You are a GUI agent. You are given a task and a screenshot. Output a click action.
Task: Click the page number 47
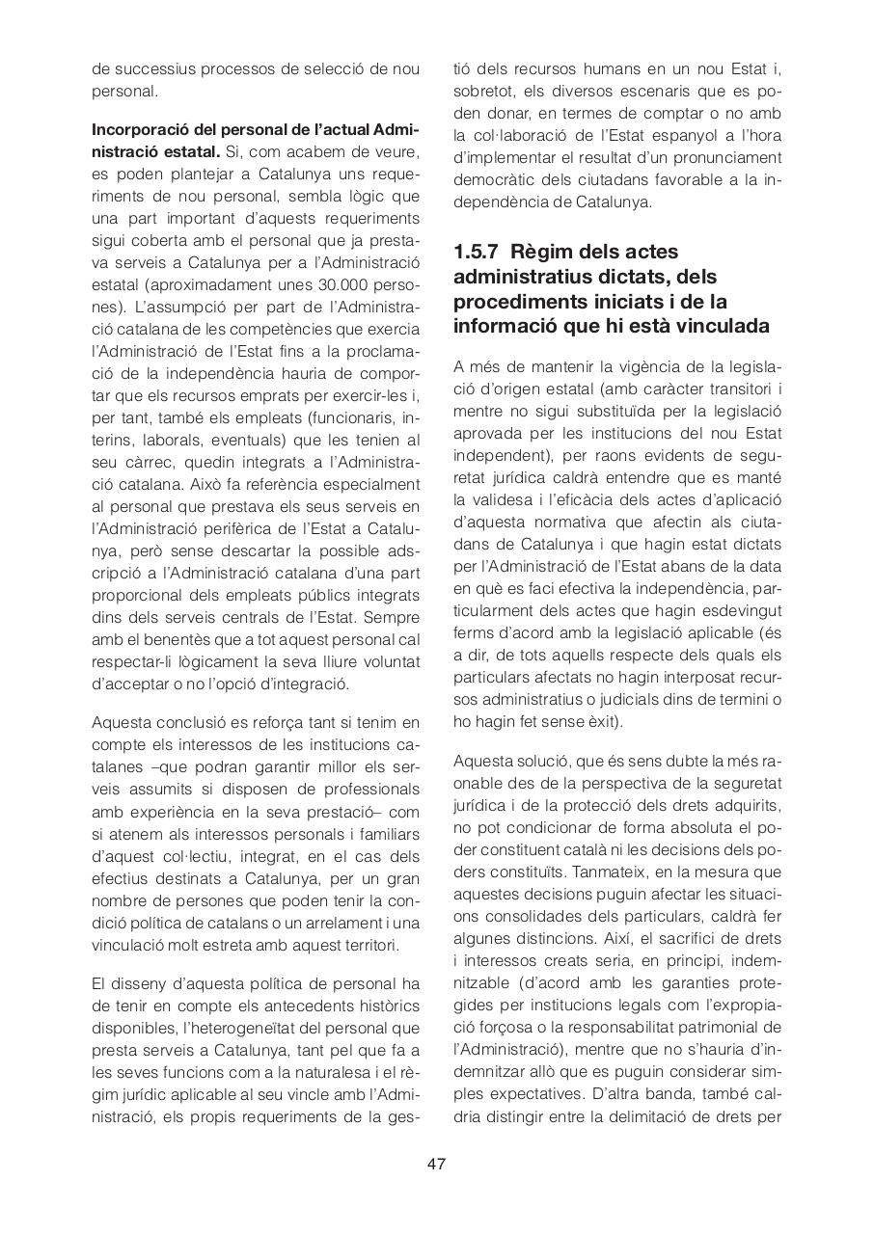point(436,1164)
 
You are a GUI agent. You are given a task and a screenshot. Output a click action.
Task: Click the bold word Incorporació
point(140,128)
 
